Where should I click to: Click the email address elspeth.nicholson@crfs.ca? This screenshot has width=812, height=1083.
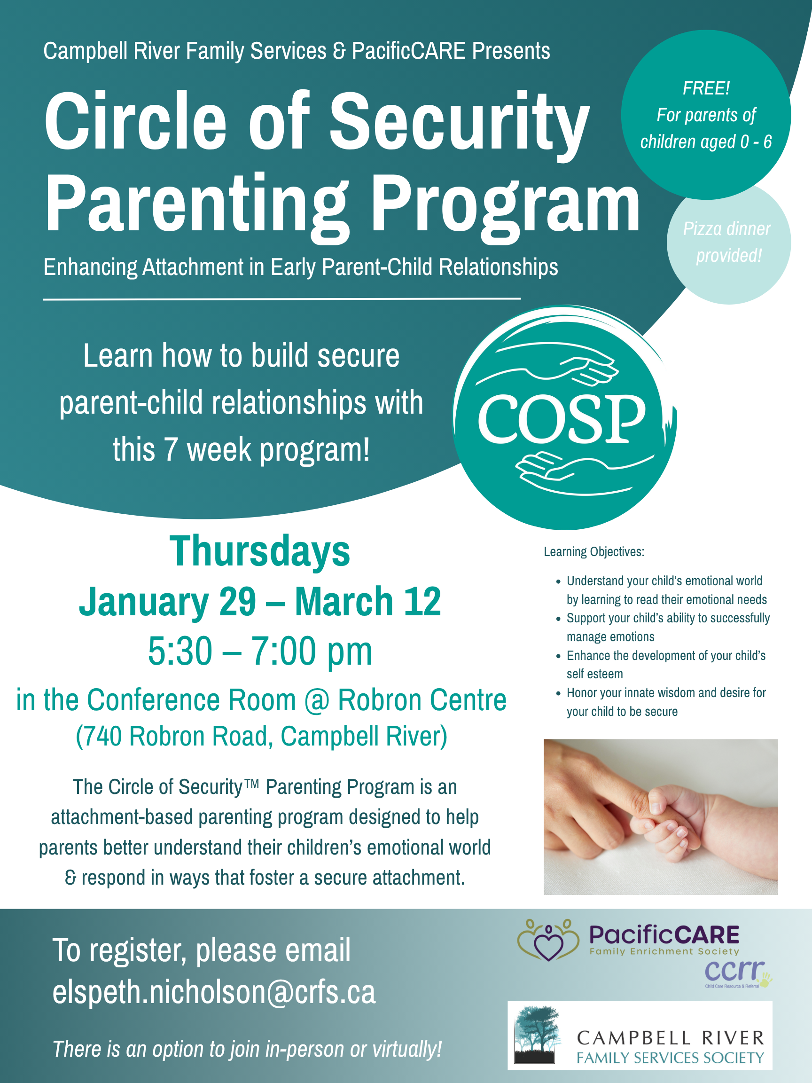click(x=214, y=993)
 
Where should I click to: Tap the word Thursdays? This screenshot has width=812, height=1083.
click(x=259, y=552)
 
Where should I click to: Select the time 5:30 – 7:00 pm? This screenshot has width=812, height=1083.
click(x=260, y=651)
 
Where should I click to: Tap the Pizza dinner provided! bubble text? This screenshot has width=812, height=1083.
click(x=728, y=242)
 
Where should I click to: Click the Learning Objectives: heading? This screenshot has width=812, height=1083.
click(x=593, y=552)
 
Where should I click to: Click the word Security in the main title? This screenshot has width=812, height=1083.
click(x=459, y=122)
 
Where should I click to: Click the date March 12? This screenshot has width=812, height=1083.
click(x=367, y=602)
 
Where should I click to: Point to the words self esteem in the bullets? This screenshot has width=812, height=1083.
click(x=595, y=674)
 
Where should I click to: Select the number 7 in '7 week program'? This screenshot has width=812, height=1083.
click(x=170, y=450)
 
